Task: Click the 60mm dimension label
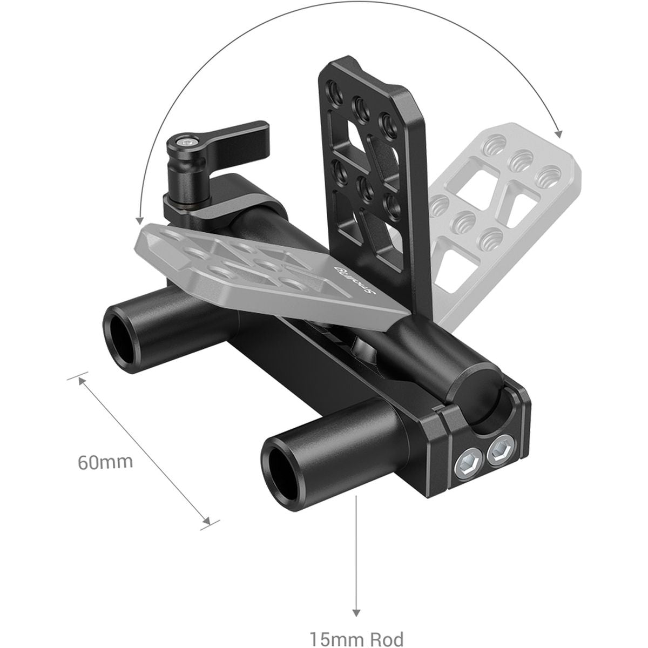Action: [105, 462]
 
